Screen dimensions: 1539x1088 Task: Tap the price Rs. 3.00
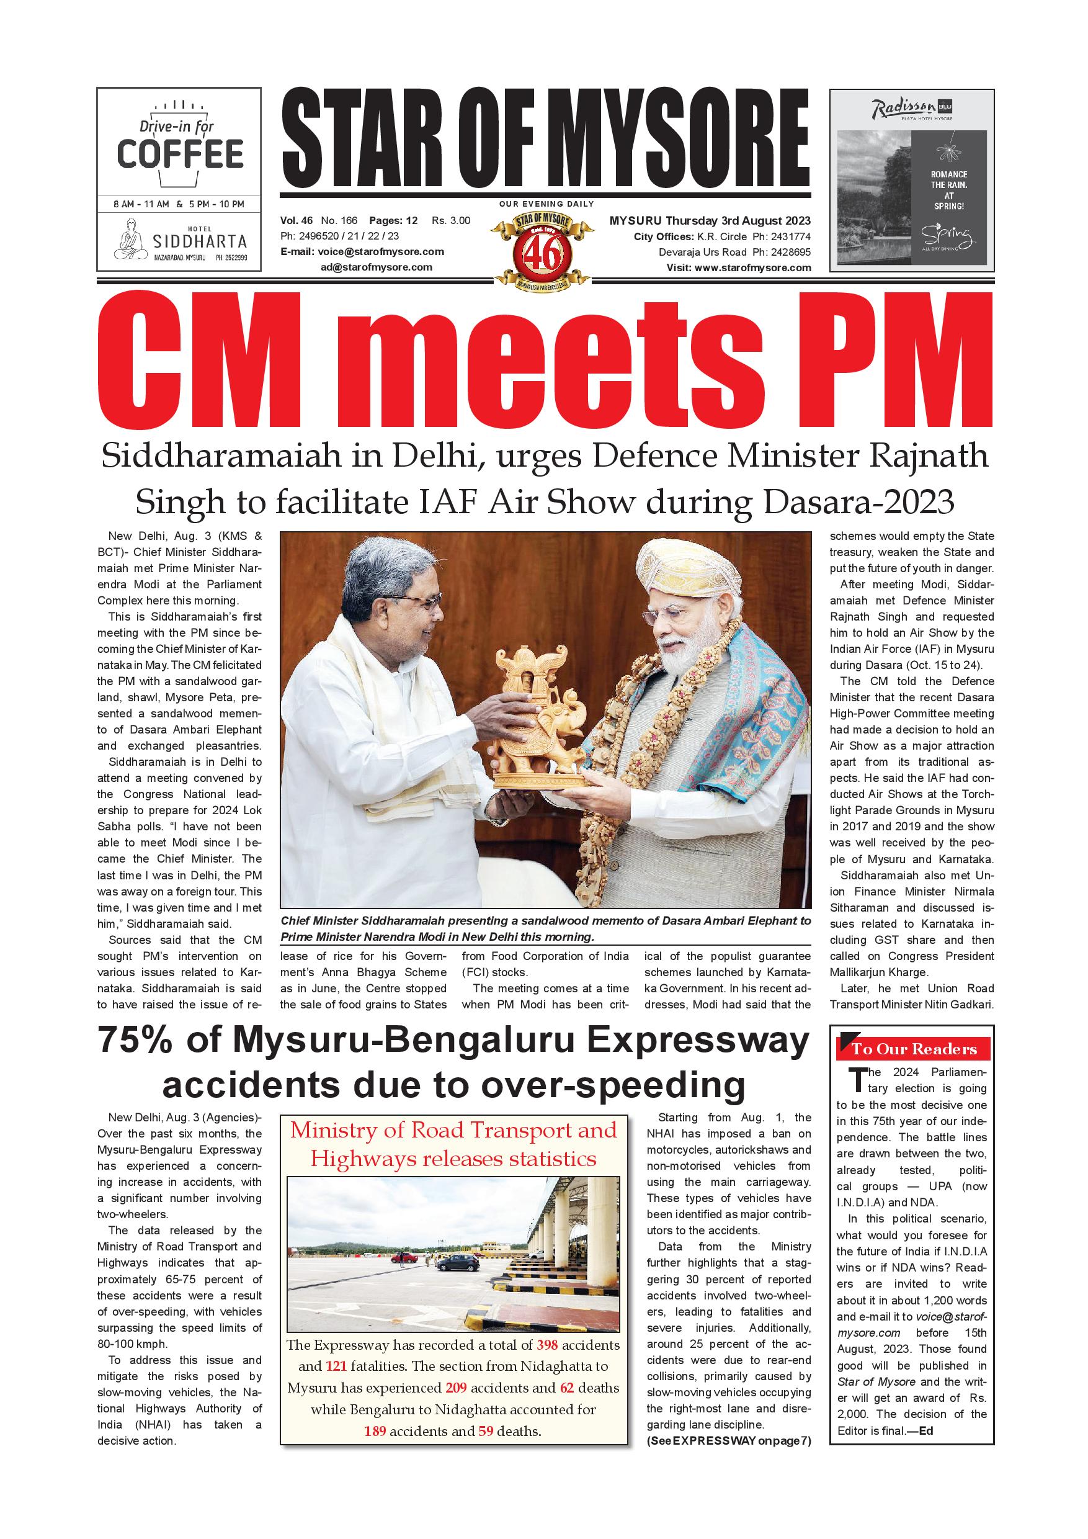(451, 220)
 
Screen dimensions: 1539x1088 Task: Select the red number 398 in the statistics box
(547, 1345)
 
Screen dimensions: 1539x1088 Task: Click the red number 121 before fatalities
(336, 1366)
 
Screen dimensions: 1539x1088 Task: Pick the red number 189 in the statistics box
(375, 1430)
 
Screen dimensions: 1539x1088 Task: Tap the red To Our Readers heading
(914, 1049)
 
